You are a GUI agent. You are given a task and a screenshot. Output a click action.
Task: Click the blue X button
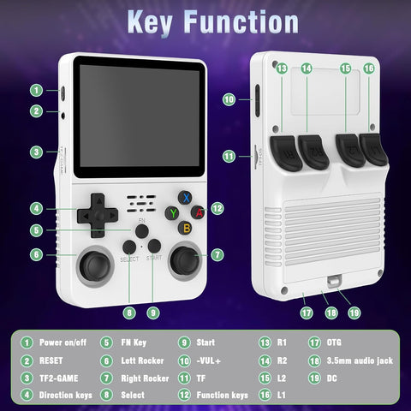tap(184, 198)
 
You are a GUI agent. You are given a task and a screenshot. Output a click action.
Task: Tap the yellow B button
tap(184, 227)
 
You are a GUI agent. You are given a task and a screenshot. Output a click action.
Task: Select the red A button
tap(199, 212)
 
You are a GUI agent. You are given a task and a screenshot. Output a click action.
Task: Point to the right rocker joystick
tap(182, 261)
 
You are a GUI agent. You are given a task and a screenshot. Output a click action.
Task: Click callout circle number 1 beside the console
tap(37, 89)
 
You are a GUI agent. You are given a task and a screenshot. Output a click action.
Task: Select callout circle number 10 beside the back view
tap(229, 99)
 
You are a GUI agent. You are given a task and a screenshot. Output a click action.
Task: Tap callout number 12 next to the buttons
tap(217, 207)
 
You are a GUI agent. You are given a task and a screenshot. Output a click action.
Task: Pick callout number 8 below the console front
tap(128, 313)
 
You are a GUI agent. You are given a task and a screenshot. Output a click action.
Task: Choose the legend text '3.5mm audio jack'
tap(360, 360)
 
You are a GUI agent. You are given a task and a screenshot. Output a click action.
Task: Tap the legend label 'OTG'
tap(336, 342)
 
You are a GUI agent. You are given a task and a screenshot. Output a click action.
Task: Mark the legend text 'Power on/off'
tap(64, 342)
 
